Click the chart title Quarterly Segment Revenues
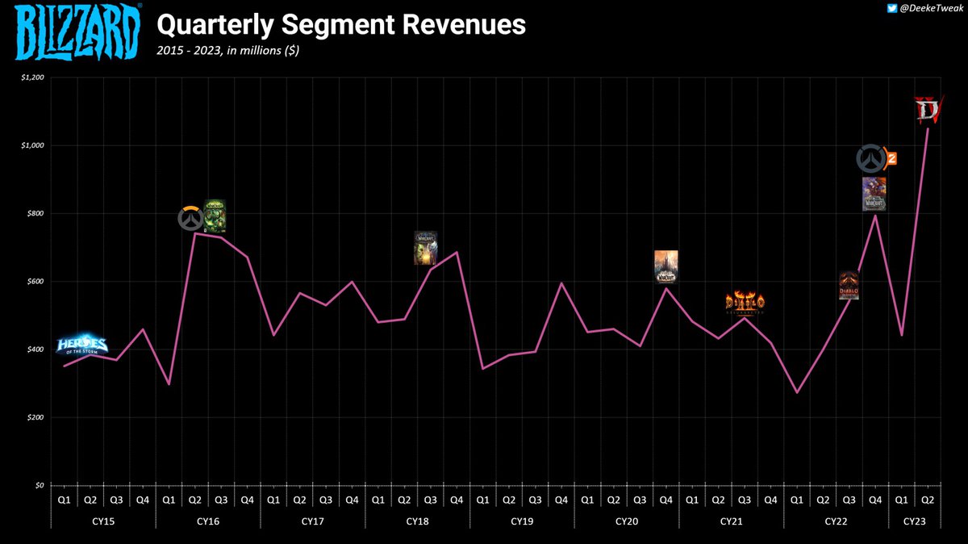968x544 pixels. (x=340, y=26)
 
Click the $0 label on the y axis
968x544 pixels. (x=38, y=486)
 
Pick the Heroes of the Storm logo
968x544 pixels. (x=81, y=345)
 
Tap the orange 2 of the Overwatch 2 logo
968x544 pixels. (x=891, y=158)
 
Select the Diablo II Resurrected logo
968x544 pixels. (x=744, y=303)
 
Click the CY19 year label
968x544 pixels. (x=522, y=522)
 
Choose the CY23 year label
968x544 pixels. (x=914, y=522)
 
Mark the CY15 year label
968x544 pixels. (x=103, y=522)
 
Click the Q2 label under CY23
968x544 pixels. (x=928, y=500)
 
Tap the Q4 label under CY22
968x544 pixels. (x=875, y=500)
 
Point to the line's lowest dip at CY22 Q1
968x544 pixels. (x=797, y=393)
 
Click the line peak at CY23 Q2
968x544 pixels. (x=928, y=128)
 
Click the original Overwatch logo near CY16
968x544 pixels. (x=190, y=219)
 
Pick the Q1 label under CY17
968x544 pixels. (x=273, y=500)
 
